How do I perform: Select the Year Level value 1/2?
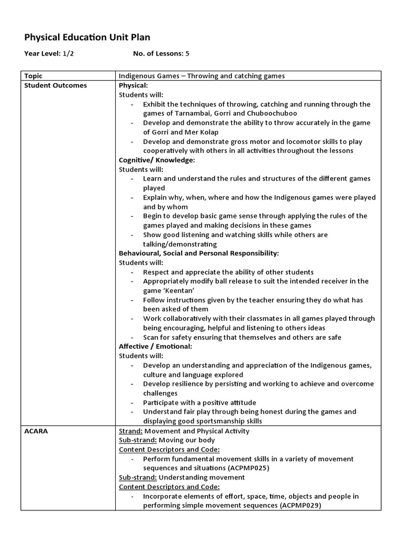pyautogui.click(x=68, y=53)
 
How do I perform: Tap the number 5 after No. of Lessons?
pyautogui.click(x=187, y=53)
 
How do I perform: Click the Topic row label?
pyautogui.click(x=33, y=76)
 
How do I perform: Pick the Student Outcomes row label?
pyautogui.click(x=55, y=85)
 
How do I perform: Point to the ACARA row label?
pyautogui.click(x=37, y=431)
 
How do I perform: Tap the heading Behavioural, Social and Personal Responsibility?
pyautogui.click(x=199, y=253)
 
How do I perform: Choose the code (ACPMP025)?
pyautogui.click(x=244, y=468)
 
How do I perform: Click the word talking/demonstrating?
pyautogui.click(x=180, y=244)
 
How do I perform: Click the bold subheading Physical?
pyautogui.click(x=133, y=85)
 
